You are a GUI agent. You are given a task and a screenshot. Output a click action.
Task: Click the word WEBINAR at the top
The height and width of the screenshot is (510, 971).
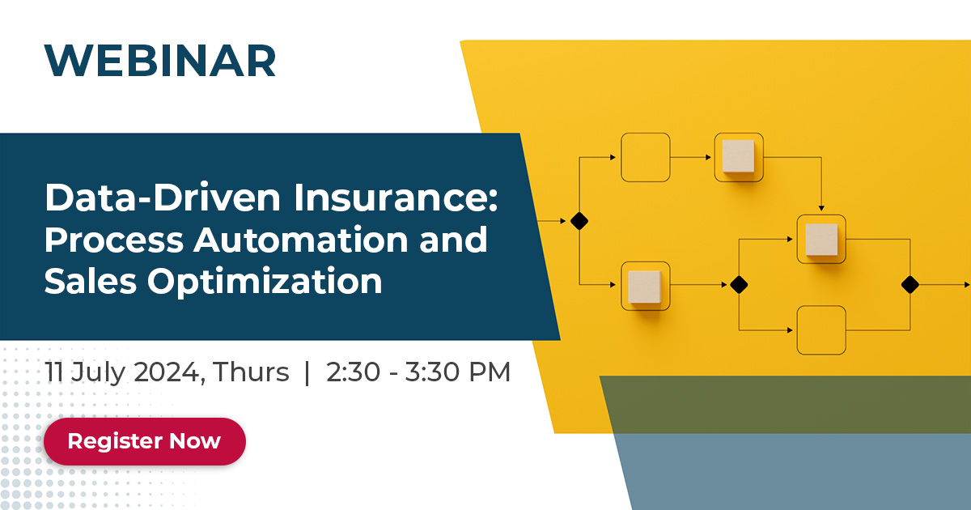(x=160, y=60)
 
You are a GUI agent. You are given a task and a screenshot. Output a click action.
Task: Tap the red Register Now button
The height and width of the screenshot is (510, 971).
(x=144, y=441)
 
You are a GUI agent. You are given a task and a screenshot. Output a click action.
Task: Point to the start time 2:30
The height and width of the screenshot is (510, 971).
(x=353, y=372)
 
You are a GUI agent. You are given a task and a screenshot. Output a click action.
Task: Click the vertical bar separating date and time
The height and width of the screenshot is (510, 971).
(x=307, y=372)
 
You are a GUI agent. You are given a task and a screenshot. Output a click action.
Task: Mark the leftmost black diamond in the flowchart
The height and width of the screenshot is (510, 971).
(x=579, y=220)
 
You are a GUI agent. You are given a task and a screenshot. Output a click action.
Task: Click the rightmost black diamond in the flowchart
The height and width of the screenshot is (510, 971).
(x=910, y=284)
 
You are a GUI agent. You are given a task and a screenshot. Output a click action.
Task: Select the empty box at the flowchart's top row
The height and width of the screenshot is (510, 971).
(x=645, y=157)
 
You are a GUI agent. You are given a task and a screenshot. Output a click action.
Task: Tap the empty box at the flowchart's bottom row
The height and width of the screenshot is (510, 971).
(x=820, y=330)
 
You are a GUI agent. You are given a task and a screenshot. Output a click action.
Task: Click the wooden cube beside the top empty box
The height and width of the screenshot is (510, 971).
(x=738, y=156)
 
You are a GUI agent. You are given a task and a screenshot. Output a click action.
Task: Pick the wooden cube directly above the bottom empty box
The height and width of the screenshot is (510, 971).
(x=821, y=239)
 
